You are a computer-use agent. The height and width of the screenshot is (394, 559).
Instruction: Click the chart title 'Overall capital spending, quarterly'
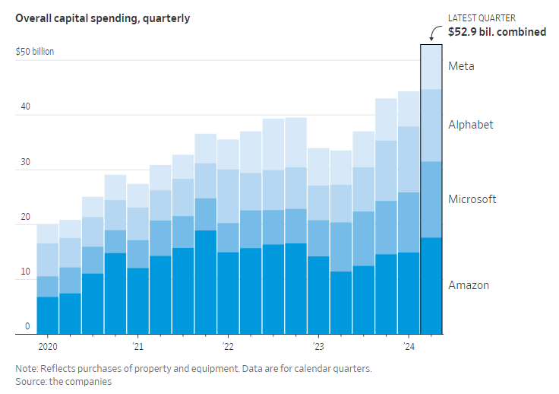[103, 18]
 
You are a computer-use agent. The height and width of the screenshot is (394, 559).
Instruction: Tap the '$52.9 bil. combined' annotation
[496, 32]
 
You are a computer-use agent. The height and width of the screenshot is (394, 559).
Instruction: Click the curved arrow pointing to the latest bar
[434, 33]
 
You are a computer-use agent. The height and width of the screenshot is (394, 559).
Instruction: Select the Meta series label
[461, 66]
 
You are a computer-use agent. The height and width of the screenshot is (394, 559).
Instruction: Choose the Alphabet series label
[471, 124]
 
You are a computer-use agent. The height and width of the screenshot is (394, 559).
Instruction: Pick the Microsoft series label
[472, 199]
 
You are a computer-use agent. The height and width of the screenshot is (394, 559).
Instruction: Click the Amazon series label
[469, 285]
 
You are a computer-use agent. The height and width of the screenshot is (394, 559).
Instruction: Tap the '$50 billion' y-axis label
[35, 52]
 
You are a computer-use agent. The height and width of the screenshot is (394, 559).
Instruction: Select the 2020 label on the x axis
[47, 345]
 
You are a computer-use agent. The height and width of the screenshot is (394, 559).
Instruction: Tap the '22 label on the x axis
[228, 345]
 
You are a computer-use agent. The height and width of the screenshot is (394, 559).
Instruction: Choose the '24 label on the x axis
[409, 345]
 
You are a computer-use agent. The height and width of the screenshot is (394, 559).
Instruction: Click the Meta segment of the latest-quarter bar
[431, 67]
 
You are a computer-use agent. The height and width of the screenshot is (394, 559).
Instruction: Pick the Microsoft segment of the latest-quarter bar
[431, 199]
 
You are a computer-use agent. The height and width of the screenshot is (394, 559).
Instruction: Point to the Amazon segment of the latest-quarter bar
[431, 285]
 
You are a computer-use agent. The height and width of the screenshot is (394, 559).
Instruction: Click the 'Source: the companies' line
[63, 381]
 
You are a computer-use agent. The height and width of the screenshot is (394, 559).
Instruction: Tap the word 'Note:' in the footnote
[27, 368]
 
